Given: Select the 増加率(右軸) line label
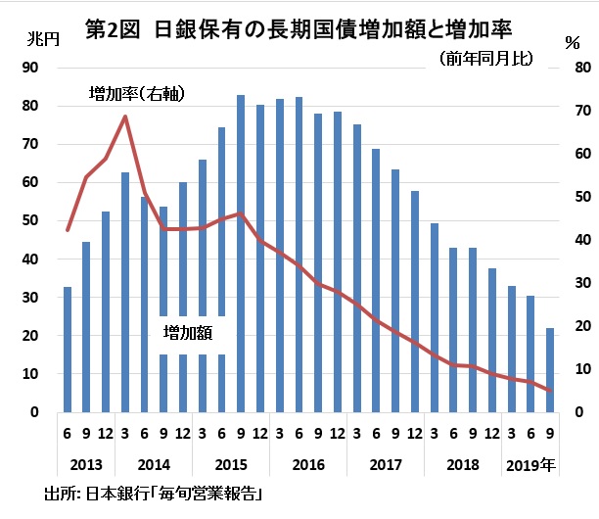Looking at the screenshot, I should (137, 94).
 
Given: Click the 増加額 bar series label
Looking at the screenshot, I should (188, 333).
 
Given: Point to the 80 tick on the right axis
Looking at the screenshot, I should (583, 67).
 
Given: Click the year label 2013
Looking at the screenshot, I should (87, 464).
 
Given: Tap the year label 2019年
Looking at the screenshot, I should (530, 464).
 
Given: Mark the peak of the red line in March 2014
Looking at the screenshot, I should (125, 117).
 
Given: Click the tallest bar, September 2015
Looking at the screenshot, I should (241, 254).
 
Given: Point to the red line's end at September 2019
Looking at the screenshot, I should (550, 391).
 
